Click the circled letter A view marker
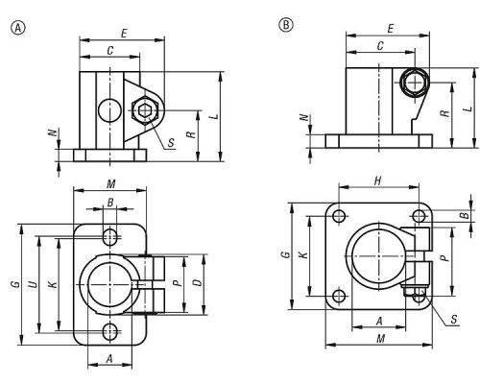point(18,28)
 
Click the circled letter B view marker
point(286,25)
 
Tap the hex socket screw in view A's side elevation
point(145,110)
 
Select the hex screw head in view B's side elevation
point(415,83)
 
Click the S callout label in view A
point(171,143)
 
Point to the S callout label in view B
point(454,320)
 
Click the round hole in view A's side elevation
point(109,110)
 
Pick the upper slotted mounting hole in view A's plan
point(110,237)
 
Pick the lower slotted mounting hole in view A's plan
point(110,332)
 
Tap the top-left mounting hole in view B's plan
point(339,216)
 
